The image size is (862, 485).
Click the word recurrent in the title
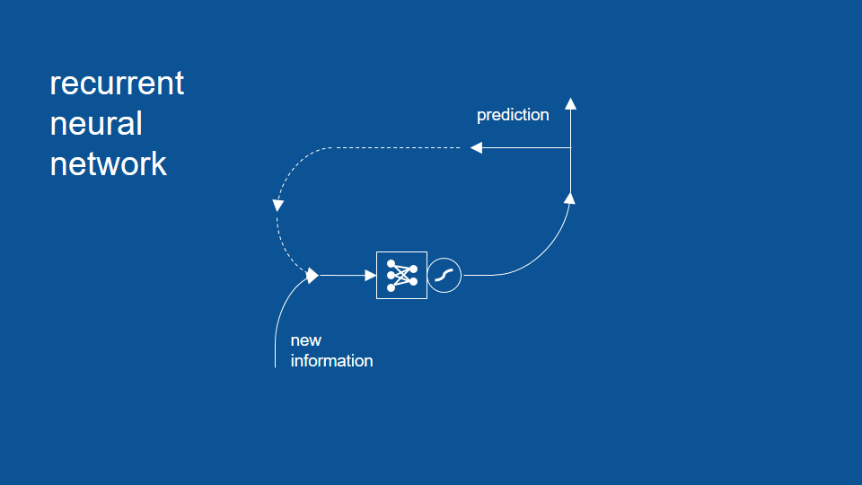117,84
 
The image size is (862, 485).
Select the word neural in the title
96,124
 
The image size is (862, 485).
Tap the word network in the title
109,163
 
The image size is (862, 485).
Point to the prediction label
513,116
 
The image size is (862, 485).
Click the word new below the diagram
305,341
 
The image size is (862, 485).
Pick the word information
331,361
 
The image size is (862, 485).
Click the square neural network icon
402,276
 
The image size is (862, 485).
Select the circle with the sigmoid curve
444,276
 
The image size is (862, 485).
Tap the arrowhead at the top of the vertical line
571,103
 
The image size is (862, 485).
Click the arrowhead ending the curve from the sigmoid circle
569,198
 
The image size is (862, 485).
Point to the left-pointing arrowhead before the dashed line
476,148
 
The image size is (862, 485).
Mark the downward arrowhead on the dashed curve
278,206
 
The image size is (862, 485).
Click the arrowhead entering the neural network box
371,276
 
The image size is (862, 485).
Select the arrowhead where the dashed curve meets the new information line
312,276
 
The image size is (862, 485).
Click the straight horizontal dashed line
395,148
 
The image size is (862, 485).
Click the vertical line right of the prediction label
571,151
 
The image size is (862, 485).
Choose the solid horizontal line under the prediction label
527,148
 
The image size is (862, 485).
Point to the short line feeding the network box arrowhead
342,276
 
